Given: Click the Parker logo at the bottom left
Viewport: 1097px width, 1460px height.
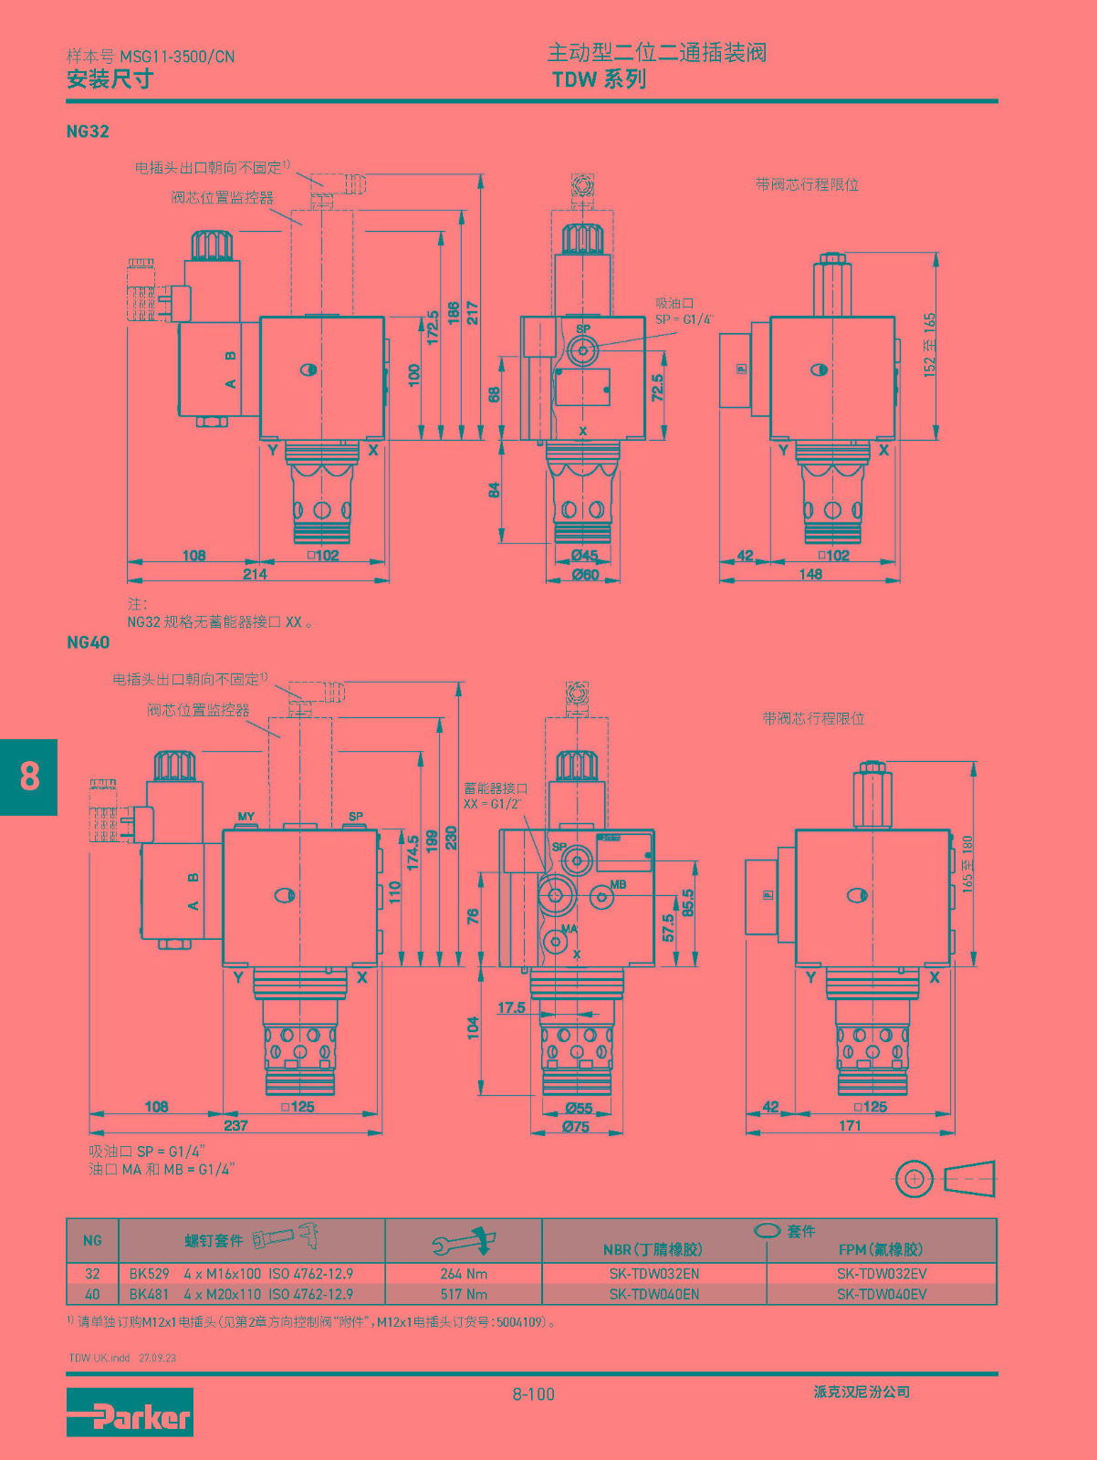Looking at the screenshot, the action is click(x=130, y=1412).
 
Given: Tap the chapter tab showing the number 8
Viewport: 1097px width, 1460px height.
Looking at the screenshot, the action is click(x=28, y=777).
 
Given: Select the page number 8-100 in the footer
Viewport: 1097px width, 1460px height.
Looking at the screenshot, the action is click(x=534, y=1393).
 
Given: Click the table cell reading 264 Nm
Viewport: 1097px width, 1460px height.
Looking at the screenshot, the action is click(x=464, y=1274).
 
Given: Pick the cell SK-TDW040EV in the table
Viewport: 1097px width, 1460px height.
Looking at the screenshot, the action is click(x=882, y=1294).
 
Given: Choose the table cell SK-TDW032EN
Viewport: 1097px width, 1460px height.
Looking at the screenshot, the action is click(x=654, y=1274).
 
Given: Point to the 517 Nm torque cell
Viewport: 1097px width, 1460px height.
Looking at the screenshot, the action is click(x=464, y=1294).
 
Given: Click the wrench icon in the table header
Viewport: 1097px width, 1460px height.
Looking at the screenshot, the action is click(x=464, y=1240).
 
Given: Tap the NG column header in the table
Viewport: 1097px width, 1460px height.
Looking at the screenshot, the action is click(x=92, y=1240).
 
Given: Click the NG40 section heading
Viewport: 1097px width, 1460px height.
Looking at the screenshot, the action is click(x=88, y=642).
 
